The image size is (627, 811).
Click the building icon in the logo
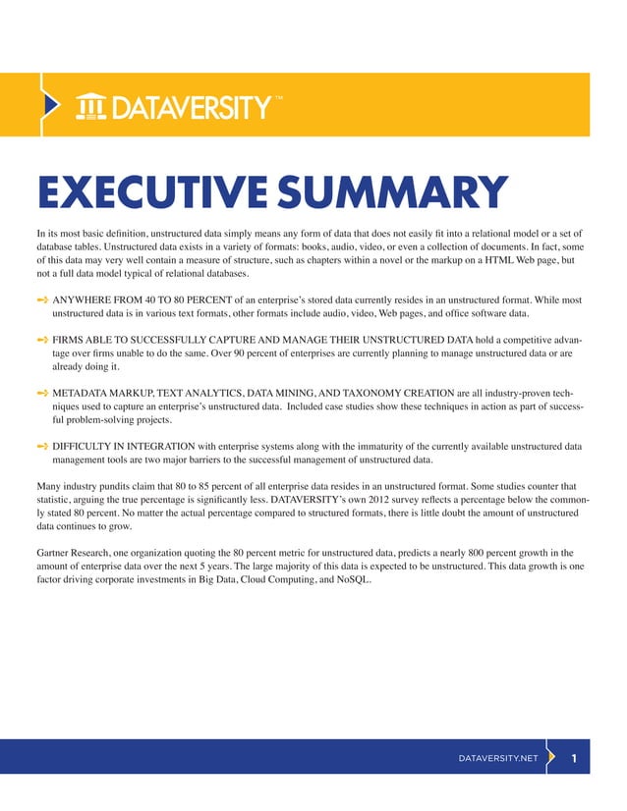tap(92, 105)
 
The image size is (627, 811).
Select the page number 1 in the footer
tap(574, 758)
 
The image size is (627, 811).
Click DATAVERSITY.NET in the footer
tap(498, 759)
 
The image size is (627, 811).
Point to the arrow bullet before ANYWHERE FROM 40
tap(42, 297)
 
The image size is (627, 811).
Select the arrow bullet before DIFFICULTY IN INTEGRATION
tap(42, 445)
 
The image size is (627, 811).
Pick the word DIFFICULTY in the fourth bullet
tap(85, 445)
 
